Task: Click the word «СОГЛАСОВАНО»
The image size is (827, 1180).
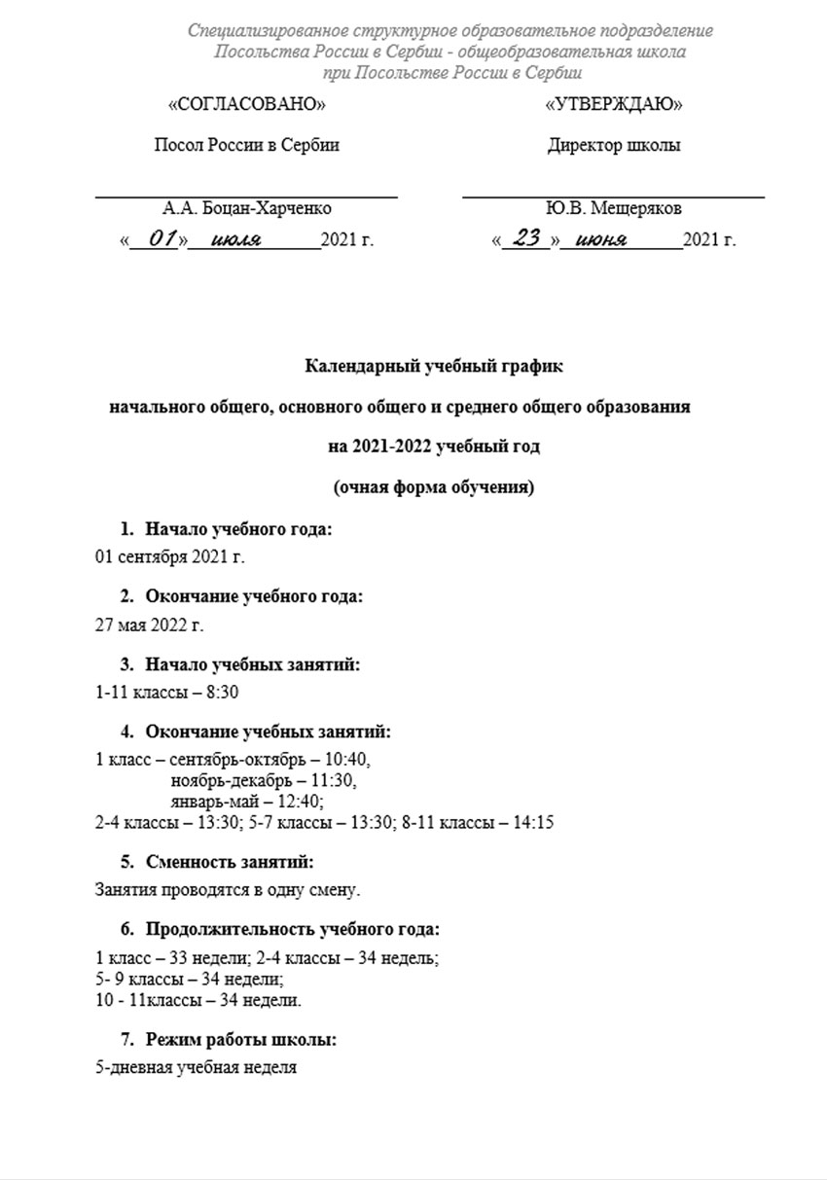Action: [x=247, y=104]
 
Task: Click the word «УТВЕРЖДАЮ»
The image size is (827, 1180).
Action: [x=614, y=104]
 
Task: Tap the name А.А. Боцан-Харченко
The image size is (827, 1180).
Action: [x=247, y=208]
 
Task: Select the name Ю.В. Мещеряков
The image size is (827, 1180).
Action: [x=614, y=208]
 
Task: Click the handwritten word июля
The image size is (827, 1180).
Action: [x=235, y=239]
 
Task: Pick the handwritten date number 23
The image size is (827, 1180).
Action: [x=526, y=238]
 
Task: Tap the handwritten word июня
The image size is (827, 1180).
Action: [x=601, y=239]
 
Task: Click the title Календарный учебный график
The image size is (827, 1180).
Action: [x=434, y=367]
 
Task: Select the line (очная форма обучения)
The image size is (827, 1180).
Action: [x=434, y=487]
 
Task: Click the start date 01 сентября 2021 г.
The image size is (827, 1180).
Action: [x=170, y=557]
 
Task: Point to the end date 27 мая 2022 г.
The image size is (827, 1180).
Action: [x=149, y=625]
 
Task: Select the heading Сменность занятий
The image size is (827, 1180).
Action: [x=230, y=861]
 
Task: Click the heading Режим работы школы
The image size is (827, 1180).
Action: [x=241, y=1040]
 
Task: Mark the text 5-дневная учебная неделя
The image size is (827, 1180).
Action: [x=196, y=1067]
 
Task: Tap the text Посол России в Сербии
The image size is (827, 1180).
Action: [x=247, y=146]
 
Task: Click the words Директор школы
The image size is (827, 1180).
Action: [x=614, y=146]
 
